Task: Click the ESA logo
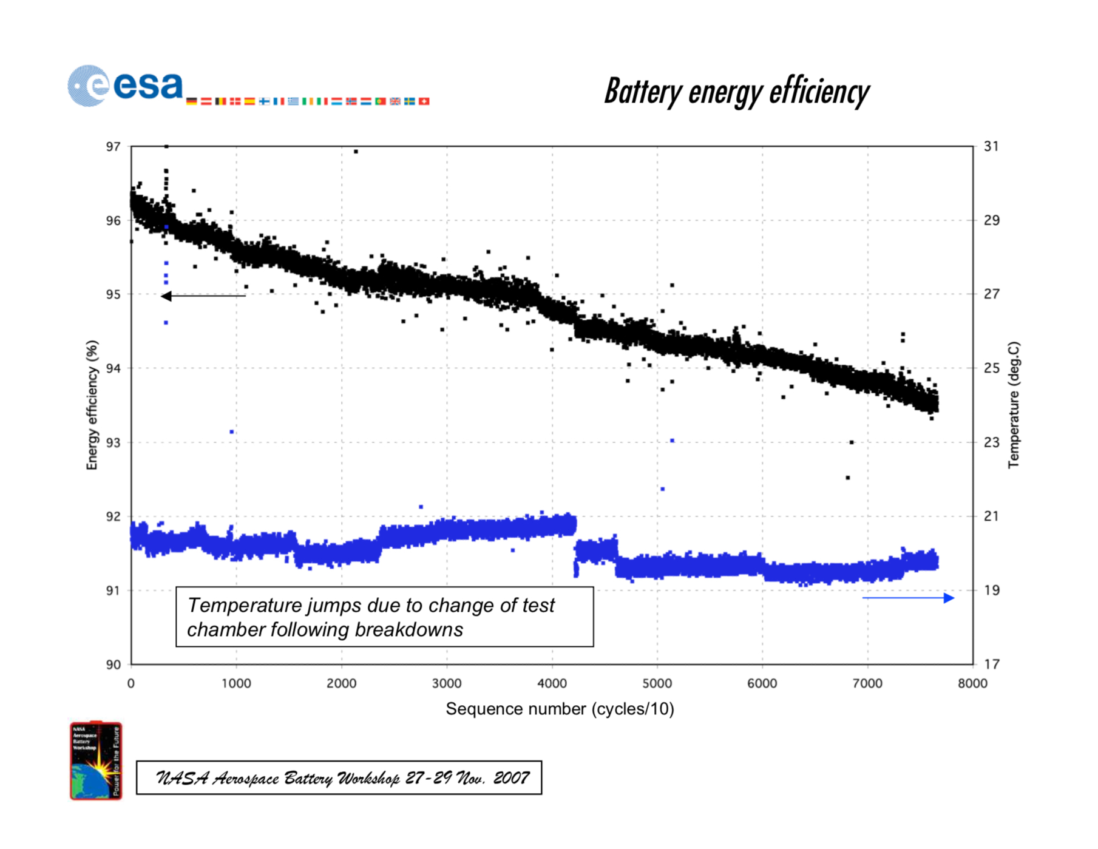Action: click(x=124, y=86)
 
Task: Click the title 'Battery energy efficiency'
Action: click(x=736, y=92)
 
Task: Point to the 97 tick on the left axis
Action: click(x=114, y=147)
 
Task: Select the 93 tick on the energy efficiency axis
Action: click(x=114, y=443)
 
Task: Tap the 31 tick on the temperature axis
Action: click(x=991, y=147)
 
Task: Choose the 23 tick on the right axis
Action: click(x=991, y=442)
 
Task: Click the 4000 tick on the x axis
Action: click(x=552, y=683)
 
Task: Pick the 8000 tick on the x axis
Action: click(x=972, y=683)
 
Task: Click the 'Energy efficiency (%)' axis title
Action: click(x=92, y=405)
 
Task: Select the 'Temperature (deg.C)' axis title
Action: click(x=1014, y=405)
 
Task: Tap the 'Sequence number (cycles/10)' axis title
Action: click(x=560, y=709)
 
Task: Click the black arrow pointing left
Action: click(x=203, y=296)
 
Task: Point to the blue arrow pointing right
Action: click(x=908, y=598)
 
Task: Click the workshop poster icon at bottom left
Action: click(x=96, y=760)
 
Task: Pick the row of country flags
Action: click(x=308, y=101)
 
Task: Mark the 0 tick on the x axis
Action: click(x=131, y=683)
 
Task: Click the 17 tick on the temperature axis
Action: click(x=991, y=665)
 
